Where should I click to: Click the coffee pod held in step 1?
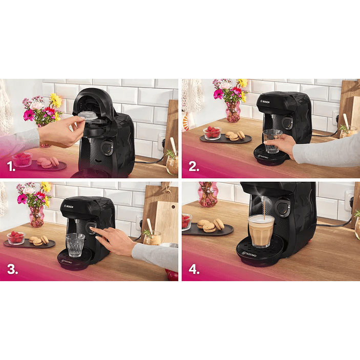point(88,115)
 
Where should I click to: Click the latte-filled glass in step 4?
point(261,230)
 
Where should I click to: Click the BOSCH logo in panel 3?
point(70,205)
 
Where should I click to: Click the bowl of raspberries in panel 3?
point(16,238)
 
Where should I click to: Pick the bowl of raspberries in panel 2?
point(211,133)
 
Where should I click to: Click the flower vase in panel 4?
point(208,195)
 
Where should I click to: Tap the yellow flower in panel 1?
point(55,100)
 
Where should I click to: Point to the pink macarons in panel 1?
point(47,162)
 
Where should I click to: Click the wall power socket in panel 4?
point(349,201)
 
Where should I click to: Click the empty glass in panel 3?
point(75,244)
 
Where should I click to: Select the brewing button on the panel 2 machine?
point(288,123)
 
